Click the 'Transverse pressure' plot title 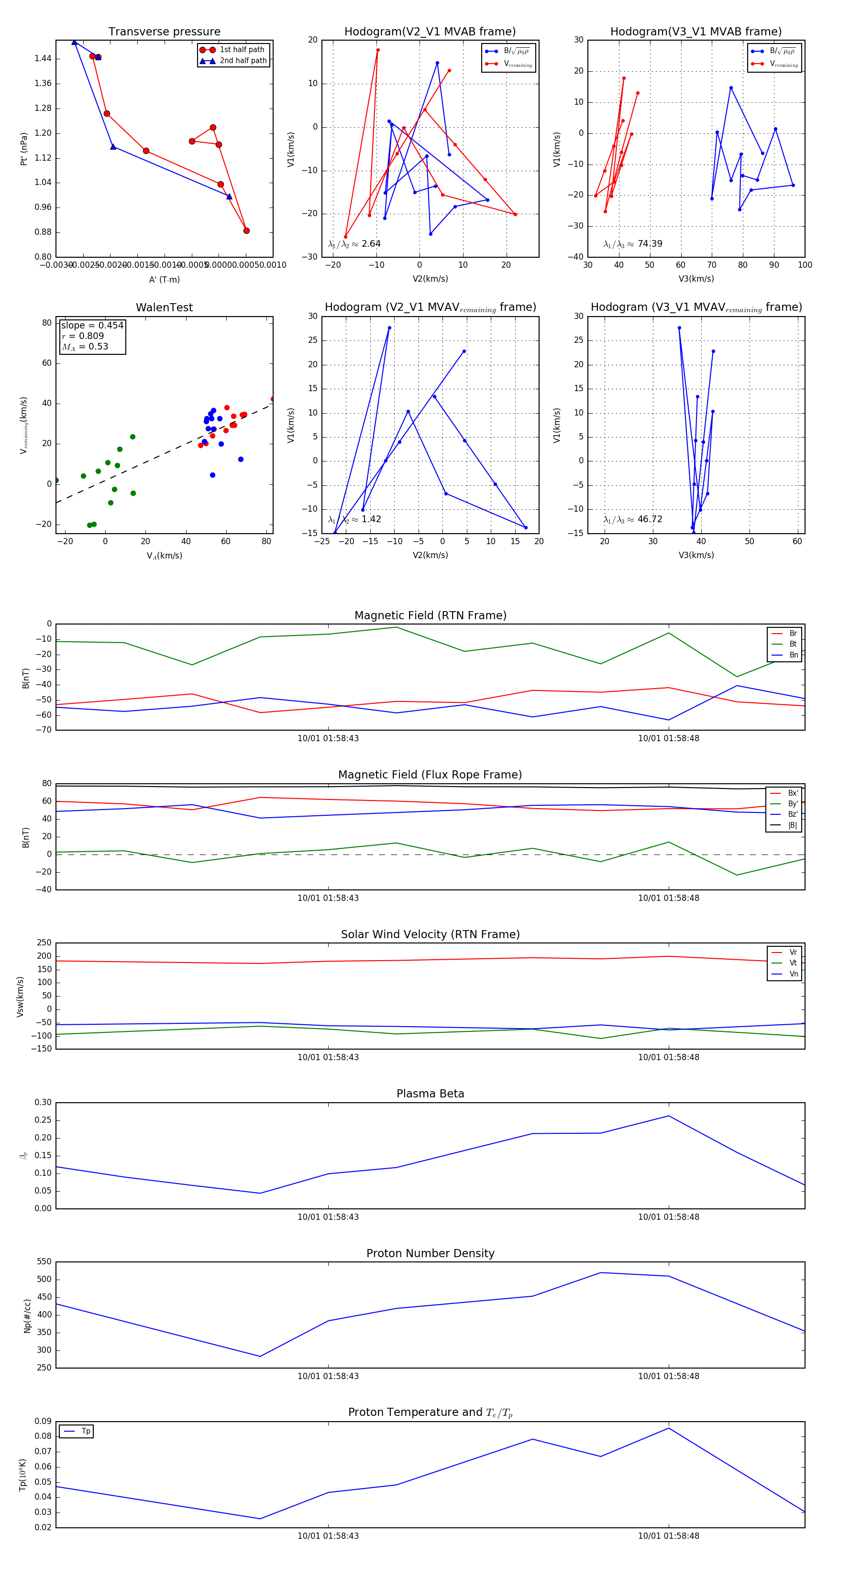pos(164,32)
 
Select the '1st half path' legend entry pos(242,50)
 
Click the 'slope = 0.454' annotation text pos(92,325)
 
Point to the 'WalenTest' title pos(164,307)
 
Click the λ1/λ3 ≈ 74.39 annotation pos(632,244)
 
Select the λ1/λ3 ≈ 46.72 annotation pos(632,519)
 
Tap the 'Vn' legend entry pos(793,974)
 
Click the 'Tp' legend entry pos(86,1431)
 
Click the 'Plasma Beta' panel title pos(430,1094)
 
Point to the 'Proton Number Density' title pos(430,1253)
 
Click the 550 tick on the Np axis pos(44,1262)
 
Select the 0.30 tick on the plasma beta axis pos(43,1103)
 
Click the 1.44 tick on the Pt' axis pos(43,59)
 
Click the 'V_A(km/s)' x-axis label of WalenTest pos(164,556)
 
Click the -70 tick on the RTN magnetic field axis pos(44,730)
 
